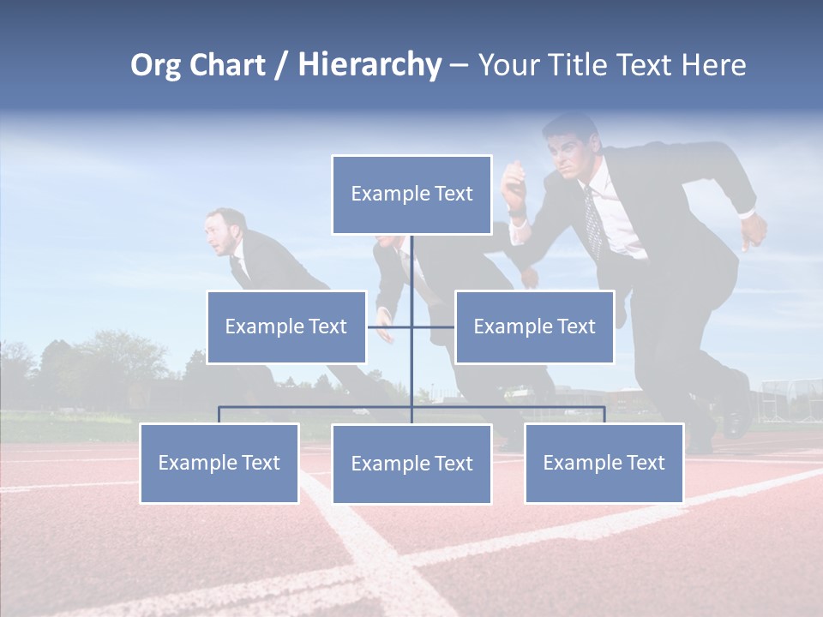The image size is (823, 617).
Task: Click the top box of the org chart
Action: [x=411, y=195]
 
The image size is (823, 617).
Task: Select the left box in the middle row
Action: [x=286, y=326]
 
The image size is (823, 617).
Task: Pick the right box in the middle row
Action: [x=534, y=326]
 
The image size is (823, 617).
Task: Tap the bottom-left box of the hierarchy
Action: [x=219, y=463]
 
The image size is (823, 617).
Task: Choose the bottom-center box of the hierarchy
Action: [x=411, y=464]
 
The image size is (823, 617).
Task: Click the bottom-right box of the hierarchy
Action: [x=604, y=463]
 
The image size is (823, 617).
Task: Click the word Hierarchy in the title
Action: [x=369, y=65]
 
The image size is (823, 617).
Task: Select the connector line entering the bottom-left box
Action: [x=219, y=415]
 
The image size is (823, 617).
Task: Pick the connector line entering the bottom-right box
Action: [x=604, y=415]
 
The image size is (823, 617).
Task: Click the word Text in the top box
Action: [x=452, y=195]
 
